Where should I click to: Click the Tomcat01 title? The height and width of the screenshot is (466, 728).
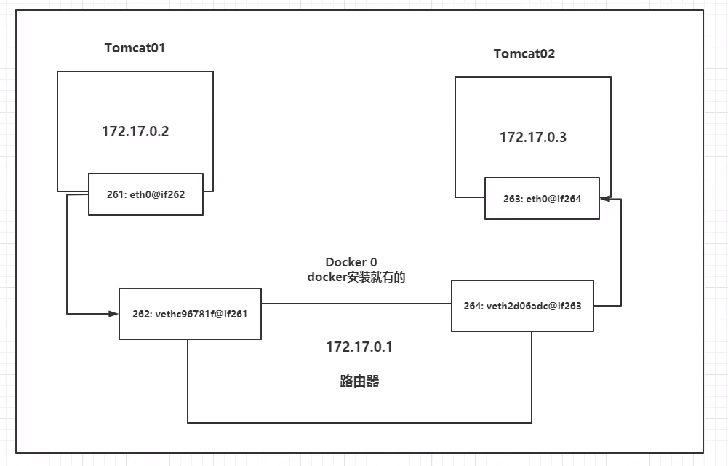[x=136, y=48]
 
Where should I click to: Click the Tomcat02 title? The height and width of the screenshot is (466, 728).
[x=524, y=54]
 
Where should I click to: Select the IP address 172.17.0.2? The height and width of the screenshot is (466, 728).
[x=135, y=133]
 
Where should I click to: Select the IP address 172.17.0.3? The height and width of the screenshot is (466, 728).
[x=532, y=137]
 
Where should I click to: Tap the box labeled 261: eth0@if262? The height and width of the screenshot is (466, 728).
[x=145, y=194]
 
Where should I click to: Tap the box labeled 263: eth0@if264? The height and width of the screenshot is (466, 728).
[x=543, y=198]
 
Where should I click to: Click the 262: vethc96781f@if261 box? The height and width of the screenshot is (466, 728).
[x=190, y=314]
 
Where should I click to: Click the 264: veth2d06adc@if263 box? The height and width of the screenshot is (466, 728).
[x=522, y=306]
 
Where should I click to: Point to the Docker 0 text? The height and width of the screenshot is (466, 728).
[x=351, y=262]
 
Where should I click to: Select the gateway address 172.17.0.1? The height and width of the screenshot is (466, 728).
[x=359, y=347]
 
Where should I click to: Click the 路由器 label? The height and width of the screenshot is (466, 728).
[x=359, y=381]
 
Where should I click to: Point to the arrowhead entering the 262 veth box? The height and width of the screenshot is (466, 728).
[x=114, y=314]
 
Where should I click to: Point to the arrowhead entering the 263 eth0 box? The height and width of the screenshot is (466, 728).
[x=604, y=197]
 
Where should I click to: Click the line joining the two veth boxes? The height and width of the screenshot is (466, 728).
[x=356, y=304]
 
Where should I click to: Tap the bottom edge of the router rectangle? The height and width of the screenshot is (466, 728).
[x=359, y=422]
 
